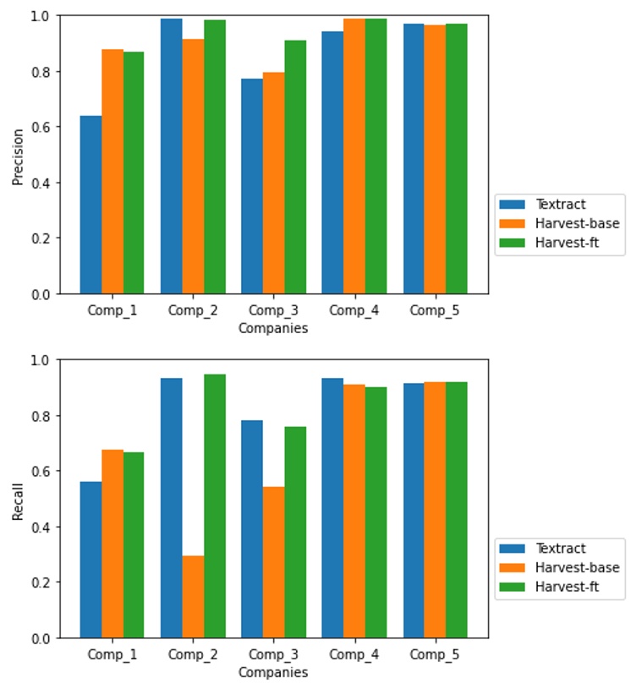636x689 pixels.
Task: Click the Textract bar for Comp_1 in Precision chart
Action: click(x=90, y=205)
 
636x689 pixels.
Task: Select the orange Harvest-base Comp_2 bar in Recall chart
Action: click(x=193, y=597)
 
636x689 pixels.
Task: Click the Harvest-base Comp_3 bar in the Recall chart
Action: click(x=273, y=562)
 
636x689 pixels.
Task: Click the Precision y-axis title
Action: click(x=18, y=156)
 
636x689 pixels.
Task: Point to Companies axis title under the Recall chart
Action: click(x=273, y=673)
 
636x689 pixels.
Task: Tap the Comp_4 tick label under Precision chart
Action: click(x=354, y=311)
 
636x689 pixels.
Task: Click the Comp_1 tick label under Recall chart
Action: click(x=112, y=656)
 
